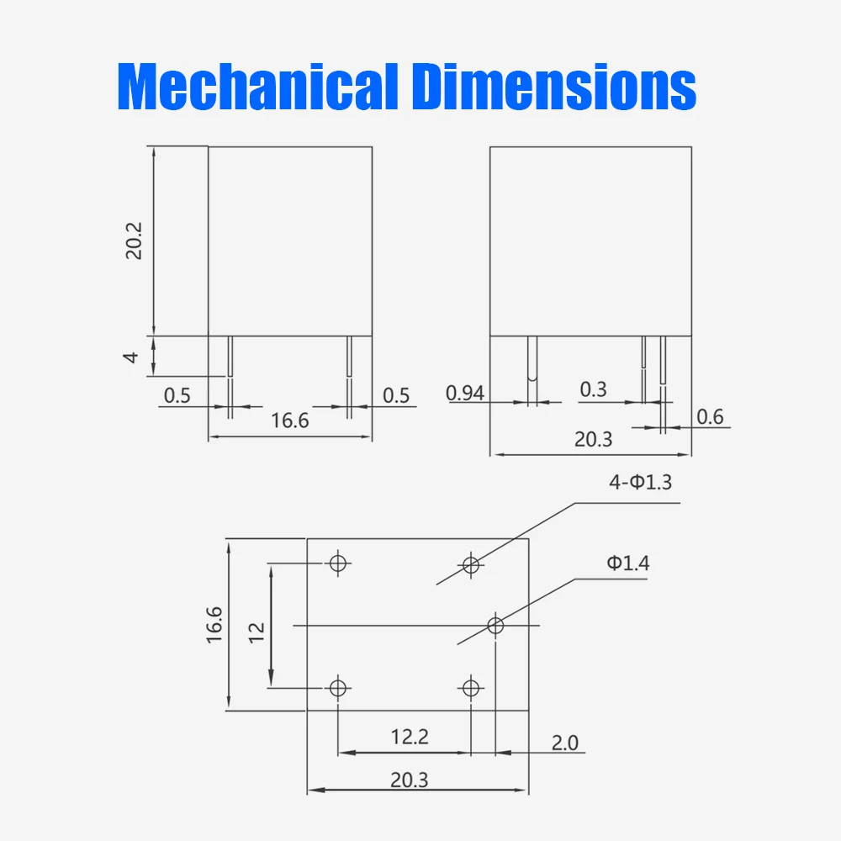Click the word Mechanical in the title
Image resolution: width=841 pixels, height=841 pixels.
257,86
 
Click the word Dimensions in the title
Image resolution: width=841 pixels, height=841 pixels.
553,86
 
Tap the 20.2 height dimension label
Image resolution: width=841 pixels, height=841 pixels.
134,241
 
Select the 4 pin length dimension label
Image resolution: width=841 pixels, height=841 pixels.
130,357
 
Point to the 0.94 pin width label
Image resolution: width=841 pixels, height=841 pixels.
465,393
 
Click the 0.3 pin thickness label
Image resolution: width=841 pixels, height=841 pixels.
593,389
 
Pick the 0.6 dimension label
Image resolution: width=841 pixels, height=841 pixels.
710,417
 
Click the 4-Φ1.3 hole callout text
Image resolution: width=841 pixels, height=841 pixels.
640,482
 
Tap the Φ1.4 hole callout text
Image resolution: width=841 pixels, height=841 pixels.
628,563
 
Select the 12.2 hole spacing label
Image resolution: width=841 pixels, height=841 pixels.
410,737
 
